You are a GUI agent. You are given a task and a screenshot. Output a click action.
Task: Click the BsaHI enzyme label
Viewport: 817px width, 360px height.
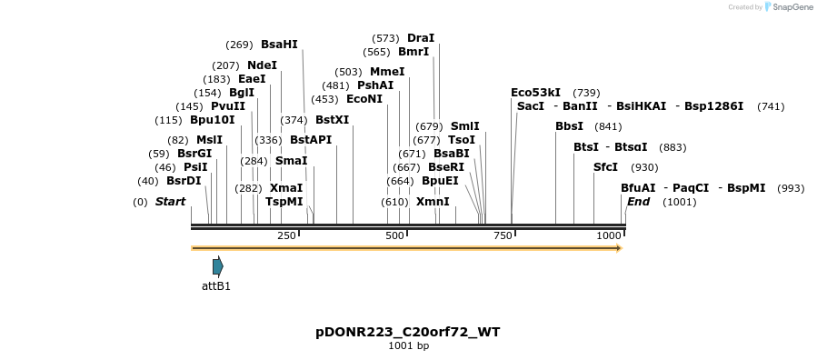coord(279,44)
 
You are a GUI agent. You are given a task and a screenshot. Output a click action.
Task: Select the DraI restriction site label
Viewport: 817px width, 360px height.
coord(421,38)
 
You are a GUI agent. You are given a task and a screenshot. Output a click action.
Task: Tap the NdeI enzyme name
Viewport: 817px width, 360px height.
coord(262,65)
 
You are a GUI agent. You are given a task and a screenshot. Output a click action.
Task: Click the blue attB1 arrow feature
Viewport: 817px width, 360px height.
coord(217,266)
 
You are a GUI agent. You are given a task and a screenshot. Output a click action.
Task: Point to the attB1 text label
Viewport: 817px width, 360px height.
coord(216,286)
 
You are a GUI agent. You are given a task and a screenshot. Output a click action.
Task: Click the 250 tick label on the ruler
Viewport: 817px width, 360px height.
coord(286,235)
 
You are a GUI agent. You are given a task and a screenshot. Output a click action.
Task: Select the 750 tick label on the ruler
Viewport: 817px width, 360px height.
coord(503,235)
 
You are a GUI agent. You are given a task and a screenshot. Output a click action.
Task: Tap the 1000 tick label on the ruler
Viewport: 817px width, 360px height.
coord(608,235)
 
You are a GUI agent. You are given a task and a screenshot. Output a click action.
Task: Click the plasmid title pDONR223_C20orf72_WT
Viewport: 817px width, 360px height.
coord(408,332)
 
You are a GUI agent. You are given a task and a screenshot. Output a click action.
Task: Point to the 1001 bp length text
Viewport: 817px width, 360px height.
coord(408,345)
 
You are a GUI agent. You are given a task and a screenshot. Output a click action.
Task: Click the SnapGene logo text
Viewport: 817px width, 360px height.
coord(793,7)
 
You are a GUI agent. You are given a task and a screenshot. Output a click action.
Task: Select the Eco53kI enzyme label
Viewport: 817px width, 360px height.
coord(535,93)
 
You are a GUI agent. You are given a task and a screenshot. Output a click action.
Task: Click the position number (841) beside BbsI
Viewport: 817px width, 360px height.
coord(607,126)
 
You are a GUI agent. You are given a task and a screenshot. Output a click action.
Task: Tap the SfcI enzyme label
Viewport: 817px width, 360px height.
coord(605,167)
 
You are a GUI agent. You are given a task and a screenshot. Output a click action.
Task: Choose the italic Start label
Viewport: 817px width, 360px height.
coord(170,201)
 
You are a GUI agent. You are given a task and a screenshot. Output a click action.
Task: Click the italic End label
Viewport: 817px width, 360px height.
coord(638,201)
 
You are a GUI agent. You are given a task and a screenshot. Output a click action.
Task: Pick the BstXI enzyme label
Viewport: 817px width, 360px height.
coord(332,120)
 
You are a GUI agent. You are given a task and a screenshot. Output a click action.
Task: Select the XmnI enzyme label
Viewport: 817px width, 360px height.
coord(433,201)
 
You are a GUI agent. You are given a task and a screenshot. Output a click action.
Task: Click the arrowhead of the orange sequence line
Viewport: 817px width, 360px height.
coord(618,247)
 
